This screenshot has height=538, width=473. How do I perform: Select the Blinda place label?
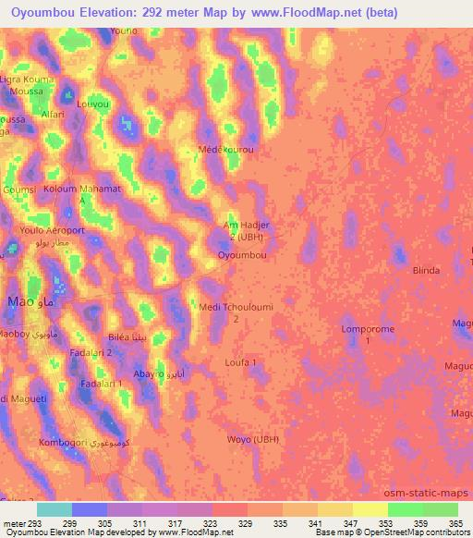(x=426, y=270)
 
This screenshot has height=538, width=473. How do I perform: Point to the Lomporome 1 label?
(x=368, y=335)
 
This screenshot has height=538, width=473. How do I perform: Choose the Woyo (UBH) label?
(x=252, y=438)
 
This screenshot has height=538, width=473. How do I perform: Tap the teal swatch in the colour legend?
(x=55, y=509)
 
